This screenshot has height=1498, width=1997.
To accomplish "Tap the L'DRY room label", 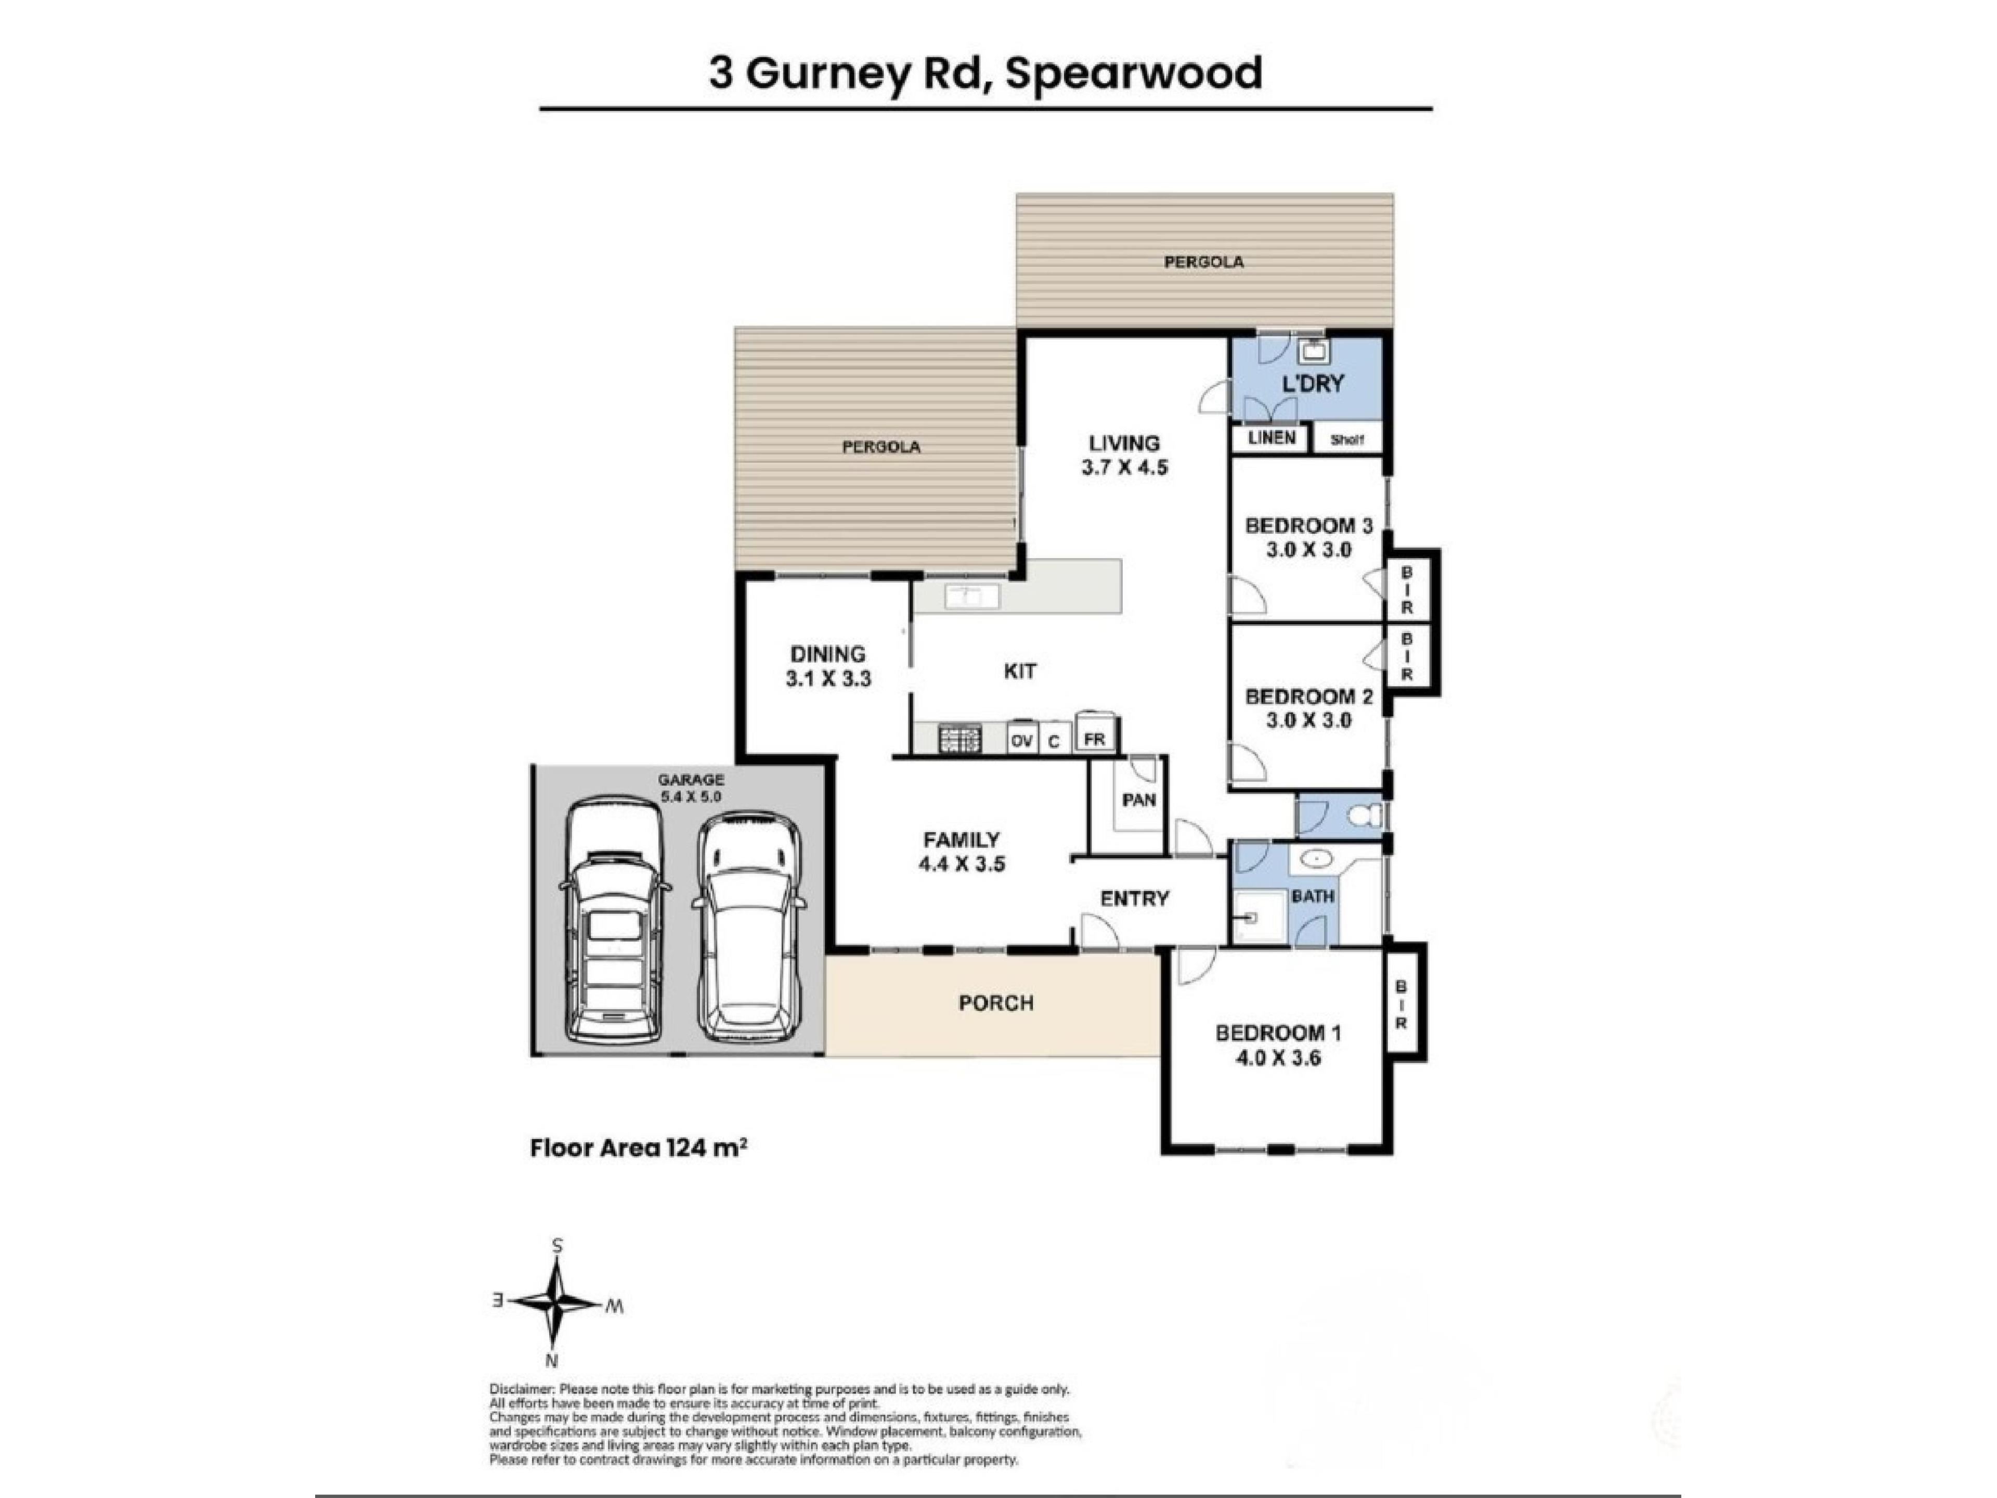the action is (x=1313, y=384).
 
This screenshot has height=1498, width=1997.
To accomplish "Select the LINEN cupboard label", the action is (x=1271, y=438).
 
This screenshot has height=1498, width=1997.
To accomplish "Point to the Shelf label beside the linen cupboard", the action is (x=1346, y=440).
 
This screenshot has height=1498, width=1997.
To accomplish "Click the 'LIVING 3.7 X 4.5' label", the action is (x=1124, y=455).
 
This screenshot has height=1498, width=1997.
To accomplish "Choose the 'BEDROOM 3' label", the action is (x=1308, y=525).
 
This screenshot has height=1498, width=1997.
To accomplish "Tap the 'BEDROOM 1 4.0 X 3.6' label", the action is (x=1277, y=1045).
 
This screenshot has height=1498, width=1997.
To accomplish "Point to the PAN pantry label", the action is (x=1138, y=800).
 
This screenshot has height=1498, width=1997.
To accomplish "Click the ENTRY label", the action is (x=1135, y=898).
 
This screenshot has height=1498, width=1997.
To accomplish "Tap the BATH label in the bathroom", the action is (x=1313, y=897).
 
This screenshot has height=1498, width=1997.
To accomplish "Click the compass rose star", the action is (x=558, y=1302).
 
